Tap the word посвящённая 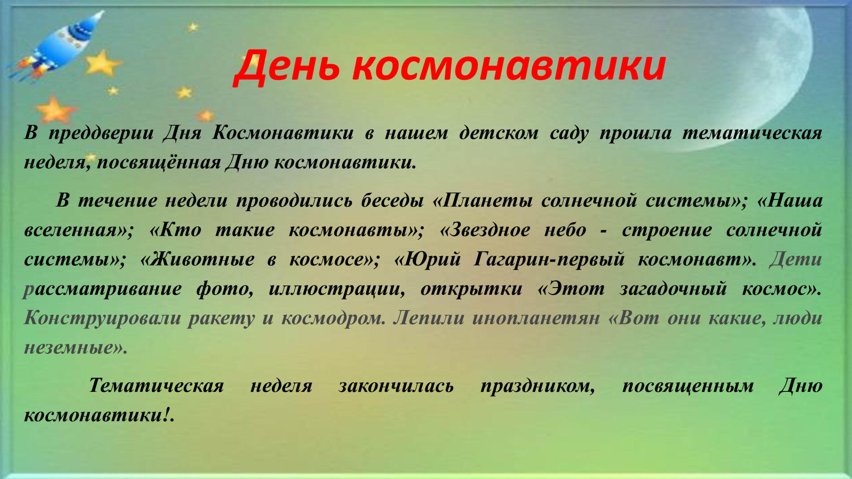(x=159, y=163)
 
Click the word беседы (x=392, y=201)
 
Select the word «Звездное (x=485, y=230)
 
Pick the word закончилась (x=396, y=386)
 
